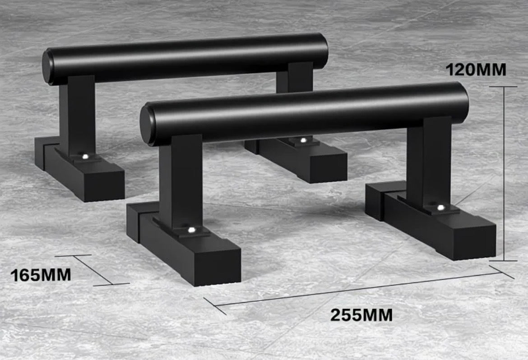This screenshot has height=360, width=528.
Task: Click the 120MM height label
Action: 476,70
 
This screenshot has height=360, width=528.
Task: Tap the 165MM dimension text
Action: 41,275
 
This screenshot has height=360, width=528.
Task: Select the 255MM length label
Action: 361,314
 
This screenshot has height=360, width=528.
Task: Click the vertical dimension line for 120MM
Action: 504,174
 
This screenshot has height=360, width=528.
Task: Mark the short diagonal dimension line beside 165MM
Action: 92,270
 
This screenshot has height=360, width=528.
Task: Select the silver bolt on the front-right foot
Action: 440,208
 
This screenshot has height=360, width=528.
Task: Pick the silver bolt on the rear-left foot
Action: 85,157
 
